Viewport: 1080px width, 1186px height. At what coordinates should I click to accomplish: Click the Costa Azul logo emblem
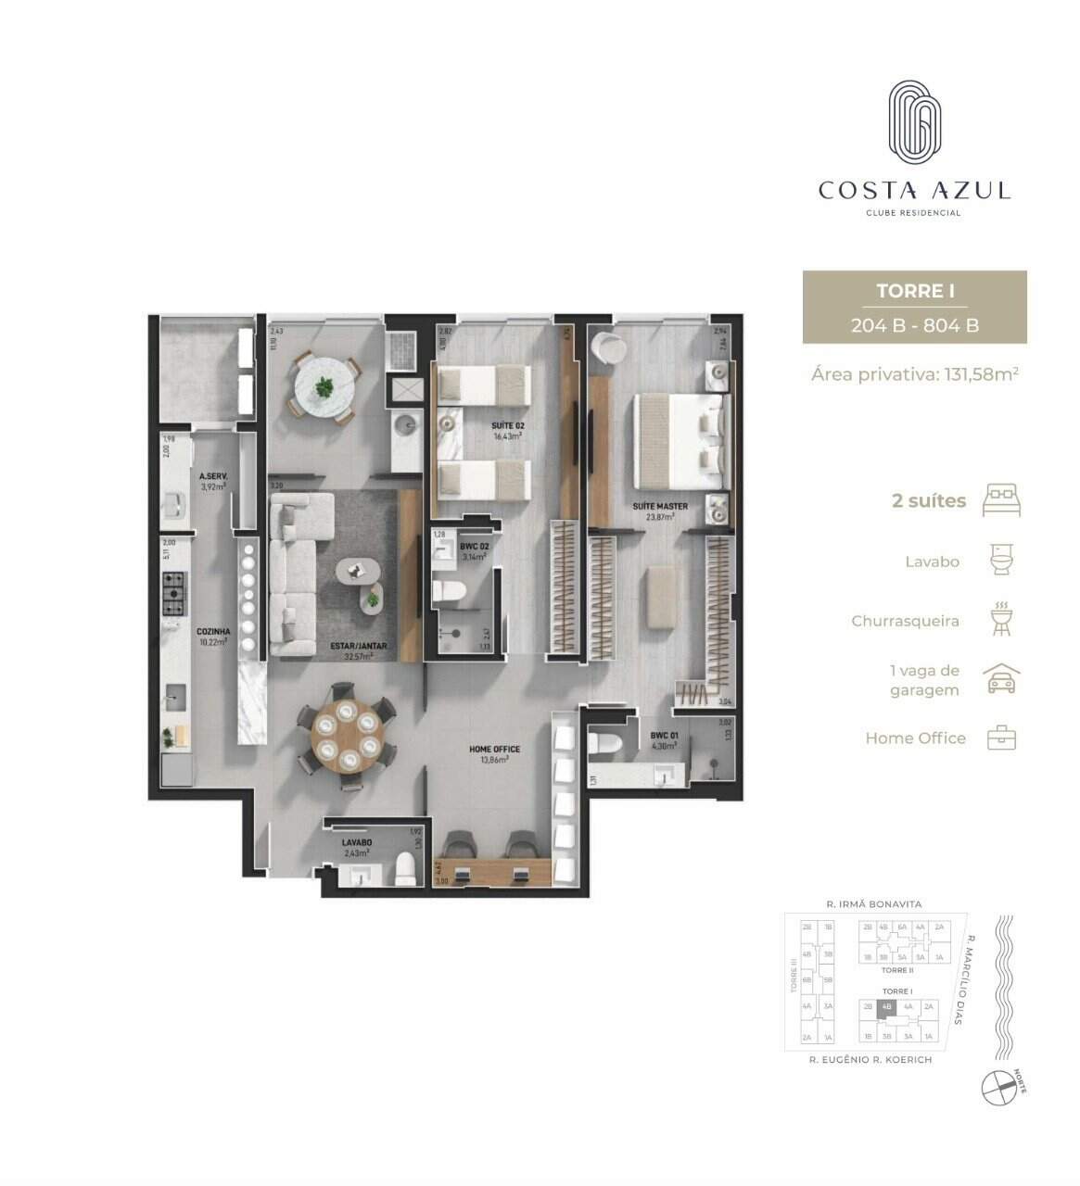point(914,123)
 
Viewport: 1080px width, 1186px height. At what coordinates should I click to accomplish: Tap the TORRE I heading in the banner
point(915,291)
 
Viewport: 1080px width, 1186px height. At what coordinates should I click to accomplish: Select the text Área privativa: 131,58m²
point(914,374)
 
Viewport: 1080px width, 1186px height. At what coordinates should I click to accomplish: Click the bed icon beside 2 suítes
point(1001,500)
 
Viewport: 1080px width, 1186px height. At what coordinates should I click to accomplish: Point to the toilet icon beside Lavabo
point(1001,561)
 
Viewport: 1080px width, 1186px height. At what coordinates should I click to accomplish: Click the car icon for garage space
point(1001,680)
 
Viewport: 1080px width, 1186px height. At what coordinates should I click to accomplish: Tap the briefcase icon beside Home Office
point(1001,738)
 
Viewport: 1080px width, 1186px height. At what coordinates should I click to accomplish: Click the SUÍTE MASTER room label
point(660,507)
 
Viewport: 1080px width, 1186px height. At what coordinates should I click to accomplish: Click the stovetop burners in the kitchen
point(173,594)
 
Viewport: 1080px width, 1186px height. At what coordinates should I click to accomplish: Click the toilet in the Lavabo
point(404,868)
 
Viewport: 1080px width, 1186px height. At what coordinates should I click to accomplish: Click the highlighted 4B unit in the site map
point(886,1006)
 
